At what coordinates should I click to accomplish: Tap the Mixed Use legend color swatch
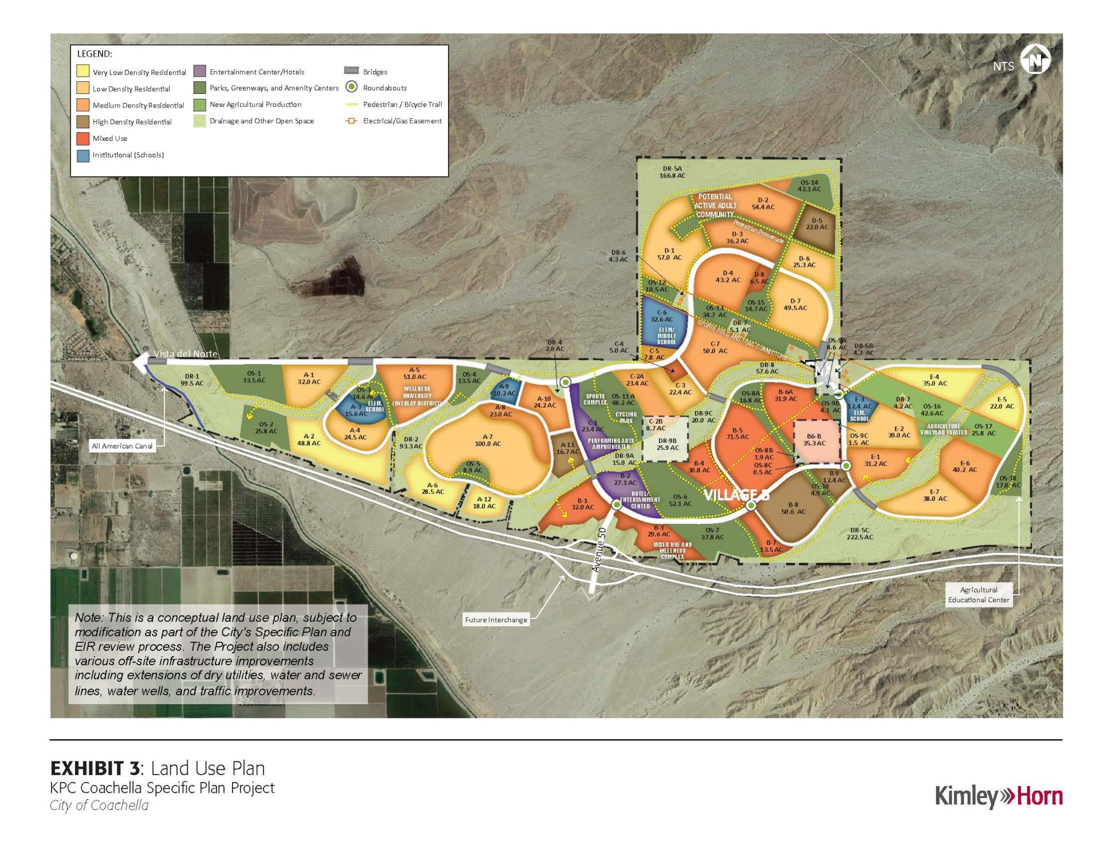pos(83,139)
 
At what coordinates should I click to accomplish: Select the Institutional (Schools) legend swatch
pos(83,155)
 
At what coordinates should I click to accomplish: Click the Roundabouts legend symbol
pos(352,88)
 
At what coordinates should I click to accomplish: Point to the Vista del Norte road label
pos(186,354)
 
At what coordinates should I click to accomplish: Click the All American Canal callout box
pos(123,446)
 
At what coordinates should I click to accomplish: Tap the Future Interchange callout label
pos(496,619)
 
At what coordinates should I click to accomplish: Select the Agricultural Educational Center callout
pos(979,595)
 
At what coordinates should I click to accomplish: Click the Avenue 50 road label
pos(598,550)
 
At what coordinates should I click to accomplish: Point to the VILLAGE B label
pos(736,495)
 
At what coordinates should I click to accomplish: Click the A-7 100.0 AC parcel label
pos(488,440)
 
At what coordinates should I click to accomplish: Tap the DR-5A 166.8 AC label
pos(673,172)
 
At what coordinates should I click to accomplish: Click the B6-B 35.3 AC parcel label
pos(814,440)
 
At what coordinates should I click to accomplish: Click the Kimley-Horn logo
pos(999,796)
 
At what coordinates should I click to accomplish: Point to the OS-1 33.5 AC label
pos(254,377)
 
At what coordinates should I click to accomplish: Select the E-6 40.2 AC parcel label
pos(965,467)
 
